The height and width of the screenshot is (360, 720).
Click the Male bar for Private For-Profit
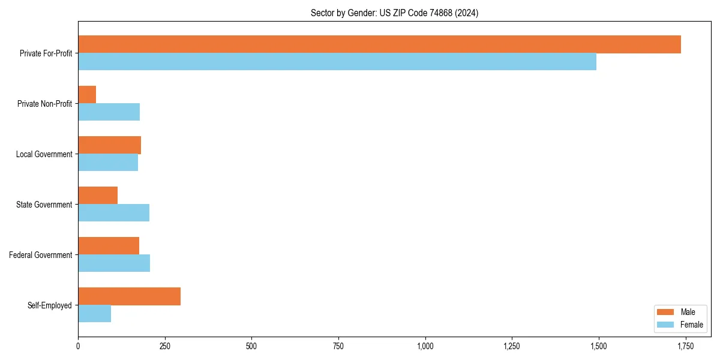[379, 44]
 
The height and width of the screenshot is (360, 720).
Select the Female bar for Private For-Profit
[337, 62]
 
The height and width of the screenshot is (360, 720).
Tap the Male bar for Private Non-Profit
[87, 95]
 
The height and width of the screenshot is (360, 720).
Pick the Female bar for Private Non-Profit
[109, 112]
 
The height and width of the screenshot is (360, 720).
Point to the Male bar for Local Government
[109, 145]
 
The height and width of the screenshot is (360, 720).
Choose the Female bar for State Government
[113, 213]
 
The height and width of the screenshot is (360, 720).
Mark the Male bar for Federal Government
[109, 246]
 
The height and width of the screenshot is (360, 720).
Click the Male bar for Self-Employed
[129, 296]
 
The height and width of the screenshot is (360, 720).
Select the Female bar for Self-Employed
[94, 314]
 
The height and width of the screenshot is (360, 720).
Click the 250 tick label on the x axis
[164, 346]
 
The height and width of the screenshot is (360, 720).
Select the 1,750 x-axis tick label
[685, 346]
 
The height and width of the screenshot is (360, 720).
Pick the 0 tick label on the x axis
[78, 346]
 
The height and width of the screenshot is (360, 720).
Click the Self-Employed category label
[50, 305]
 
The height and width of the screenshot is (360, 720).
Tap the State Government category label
[44, 205]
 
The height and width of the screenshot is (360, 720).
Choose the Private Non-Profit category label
[44, 104]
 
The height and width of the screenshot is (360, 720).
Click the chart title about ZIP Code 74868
[394, 13]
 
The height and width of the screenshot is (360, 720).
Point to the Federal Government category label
[41, 255]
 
